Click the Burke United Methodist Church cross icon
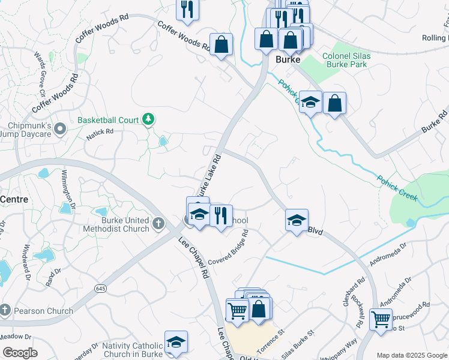(158, 224)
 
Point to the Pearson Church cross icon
(5, 311)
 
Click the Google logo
(20, 353)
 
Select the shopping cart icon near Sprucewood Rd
(381, 319)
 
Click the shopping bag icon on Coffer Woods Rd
(221, 44)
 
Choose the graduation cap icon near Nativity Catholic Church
(176, 342)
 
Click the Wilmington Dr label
(68, 188)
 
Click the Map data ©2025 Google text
(412, 355)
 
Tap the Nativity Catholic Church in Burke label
(133, 350)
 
